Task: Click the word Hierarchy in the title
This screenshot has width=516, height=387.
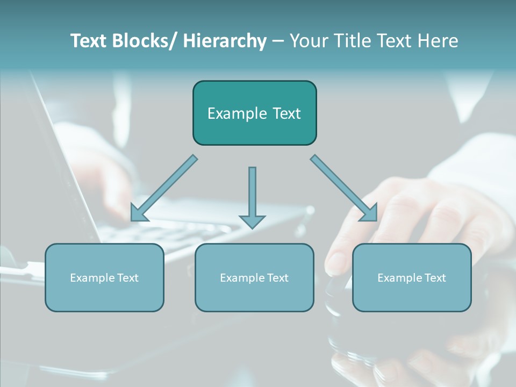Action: tap(224, 41)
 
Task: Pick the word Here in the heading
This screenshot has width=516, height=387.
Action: tap(438, 41)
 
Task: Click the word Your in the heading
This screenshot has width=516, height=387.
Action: tap(307, 41)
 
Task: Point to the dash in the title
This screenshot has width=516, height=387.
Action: tap(278, 41)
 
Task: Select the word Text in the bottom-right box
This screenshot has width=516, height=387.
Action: tap(435, 278)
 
